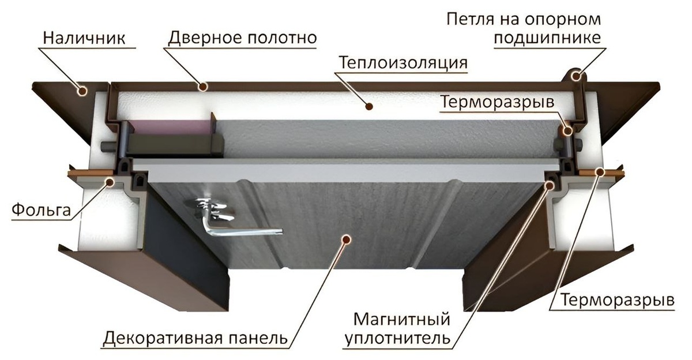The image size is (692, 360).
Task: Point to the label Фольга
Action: [40, 210]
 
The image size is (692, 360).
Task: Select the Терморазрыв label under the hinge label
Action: [497, 102]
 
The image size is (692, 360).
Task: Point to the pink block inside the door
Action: [167, 127]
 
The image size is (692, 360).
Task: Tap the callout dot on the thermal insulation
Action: [370, 106]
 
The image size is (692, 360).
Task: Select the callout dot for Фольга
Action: [109, 182]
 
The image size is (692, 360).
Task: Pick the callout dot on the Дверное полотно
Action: [203, 87]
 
